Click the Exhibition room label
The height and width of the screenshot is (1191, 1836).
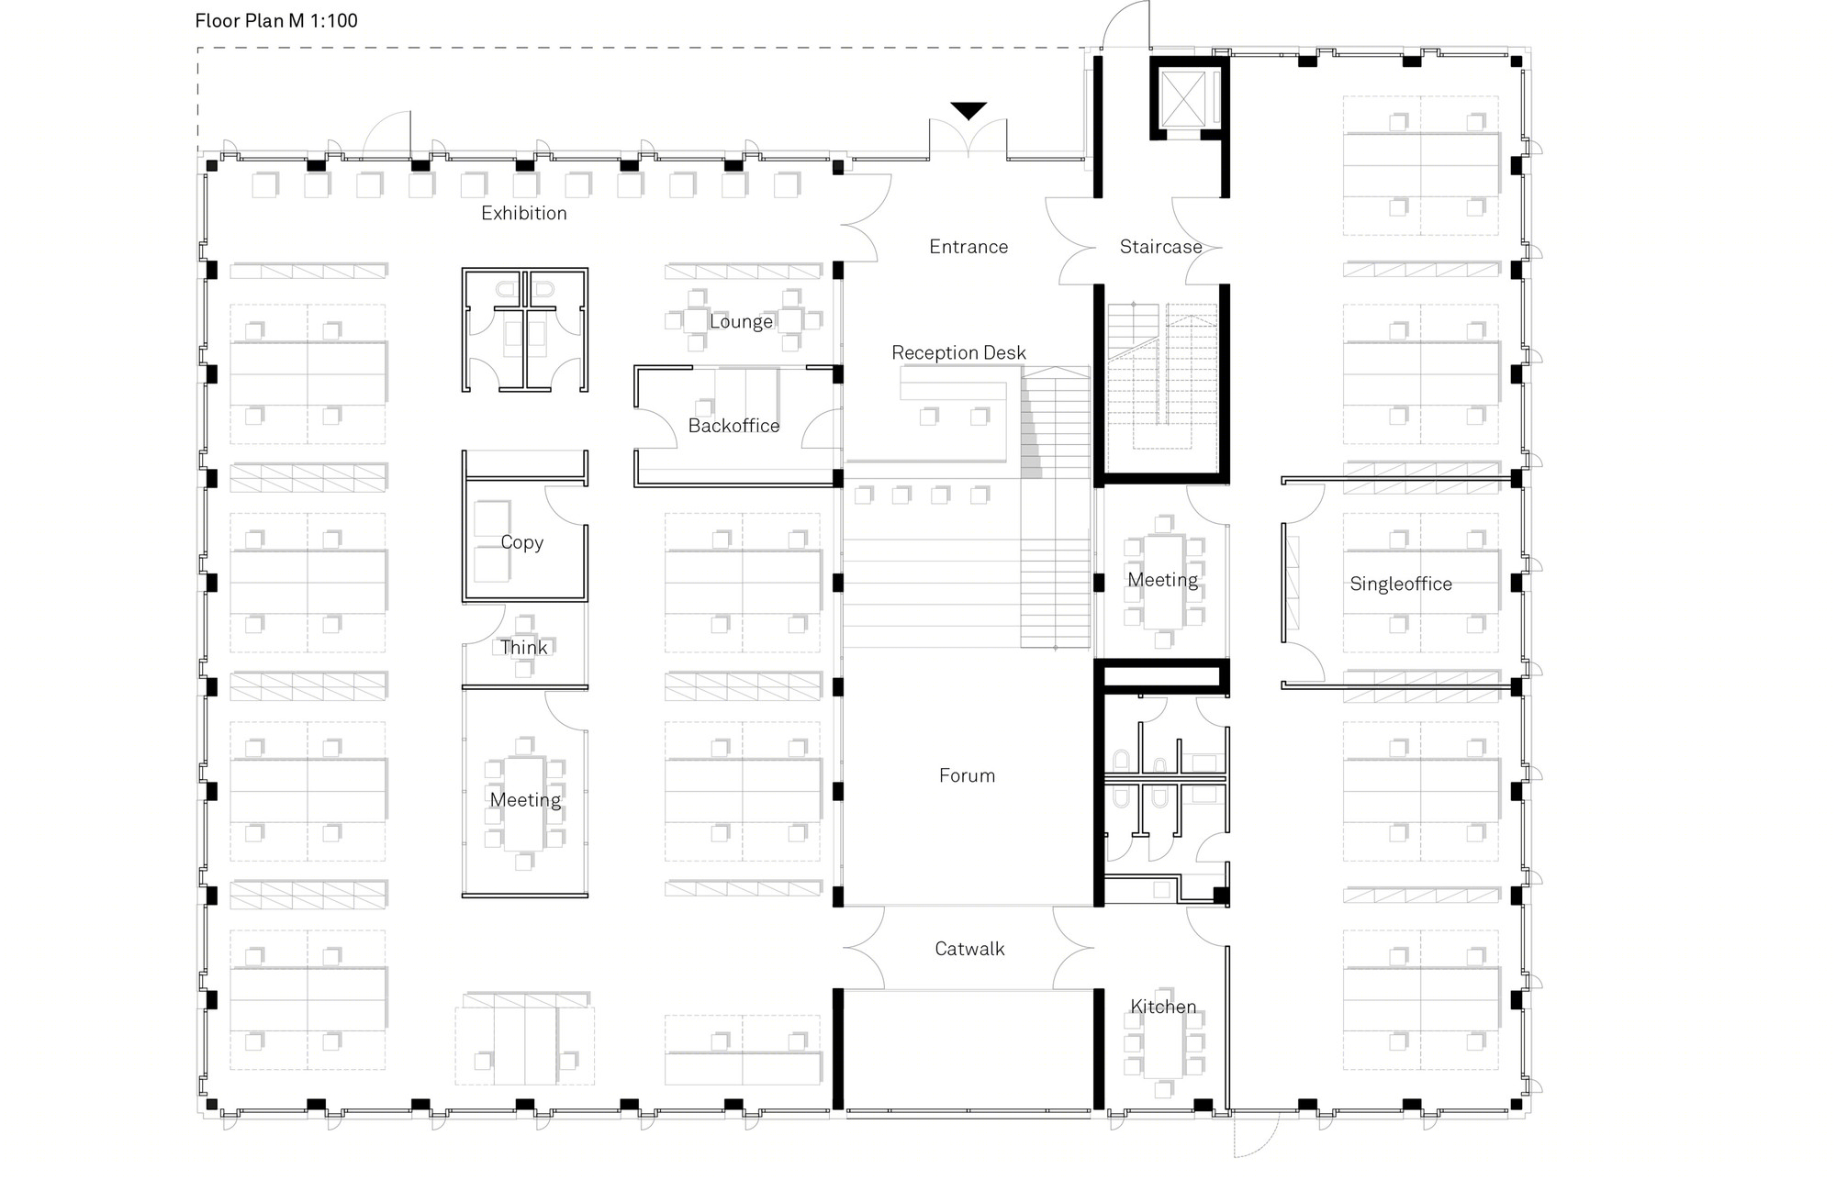click(524, 213)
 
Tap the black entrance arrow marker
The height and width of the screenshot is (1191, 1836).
click(968, 110)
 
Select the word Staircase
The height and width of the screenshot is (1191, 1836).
click(1160, 246)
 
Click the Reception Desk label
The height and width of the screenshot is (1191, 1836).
click(958, 352)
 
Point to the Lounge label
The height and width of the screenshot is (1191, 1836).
click(741, 322)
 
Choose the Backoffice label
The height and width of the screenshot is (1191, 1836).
click(733, 426)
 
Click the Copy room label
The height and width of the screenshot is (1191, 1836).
click(521, 543)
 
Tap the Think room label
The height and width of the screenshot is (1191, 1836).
click(523, 648)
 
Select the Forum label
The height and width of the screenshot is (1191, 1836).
click(967, 775)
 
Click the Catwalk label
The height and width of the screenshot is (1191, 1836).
click(969, 949)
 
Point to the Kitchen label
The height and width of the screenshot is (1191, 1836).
click(1163, 1007)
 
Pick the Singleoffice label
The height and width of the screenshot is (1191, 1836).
click(1401, 584)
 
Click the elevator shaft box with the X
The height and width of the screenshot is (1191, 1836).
click(1182, 97)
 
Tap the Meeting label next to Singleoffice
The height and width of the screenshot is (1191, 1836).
click(1162, 580)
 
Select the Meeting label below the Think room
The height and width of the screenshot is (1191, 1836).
click(525, 800)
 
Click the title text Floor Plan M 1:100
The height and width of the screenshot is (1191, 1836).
click(276, 20)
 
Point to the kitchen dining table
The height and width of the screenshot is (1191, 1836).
click(1163, 1042)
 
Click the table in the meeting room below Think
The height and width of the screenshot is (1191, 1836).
click(524, 804)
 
